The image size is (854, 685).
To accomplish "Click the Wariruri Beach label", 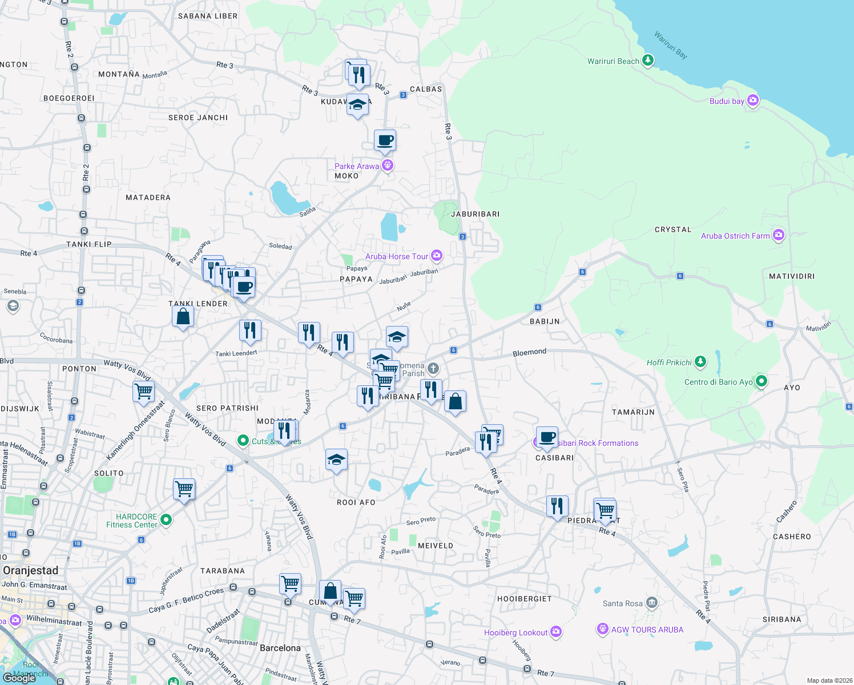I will [613, 61].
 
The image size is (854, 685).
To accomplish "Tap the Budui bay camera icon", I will [753, 100].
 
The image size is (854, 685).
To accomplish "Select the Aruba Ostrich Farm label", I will [735, 236].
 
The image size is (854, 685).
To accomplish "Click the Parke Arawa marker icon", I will [388, 166].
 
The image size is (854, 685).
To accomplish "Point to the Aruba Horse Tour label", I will [396, 256].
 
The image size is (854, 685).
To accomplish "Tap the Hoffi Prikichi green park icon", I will [700, 362].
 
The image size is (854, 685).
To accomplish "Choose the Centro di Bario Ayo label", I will [718, 382].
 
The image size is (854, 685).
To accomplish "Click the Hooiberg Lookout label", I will [515, 632].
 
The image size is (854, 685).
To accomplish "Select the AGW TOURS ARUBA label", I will [647, 630].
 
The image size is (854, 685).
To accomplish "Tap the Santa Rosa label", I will [622, 603].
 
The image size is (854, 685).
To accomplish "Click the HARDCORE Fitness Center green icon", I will [166, 519].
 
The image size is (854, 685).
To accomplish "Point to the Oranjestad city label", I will [31, 570].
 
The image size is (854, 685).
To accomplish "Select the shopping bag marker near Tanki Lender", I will [183, 316].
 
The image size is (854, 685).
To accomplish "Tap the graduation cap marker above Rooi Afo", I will [336, 460].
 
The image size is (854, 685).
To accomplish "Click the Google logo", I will [19, 678].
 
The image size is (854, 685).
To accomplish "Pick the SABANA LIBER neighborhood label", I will [208, 16].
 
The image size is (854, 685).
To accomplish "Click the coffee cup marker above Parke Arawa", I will [385, 140].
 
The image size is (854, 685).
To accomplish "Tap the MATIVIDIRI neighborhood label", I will [791, 276].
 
